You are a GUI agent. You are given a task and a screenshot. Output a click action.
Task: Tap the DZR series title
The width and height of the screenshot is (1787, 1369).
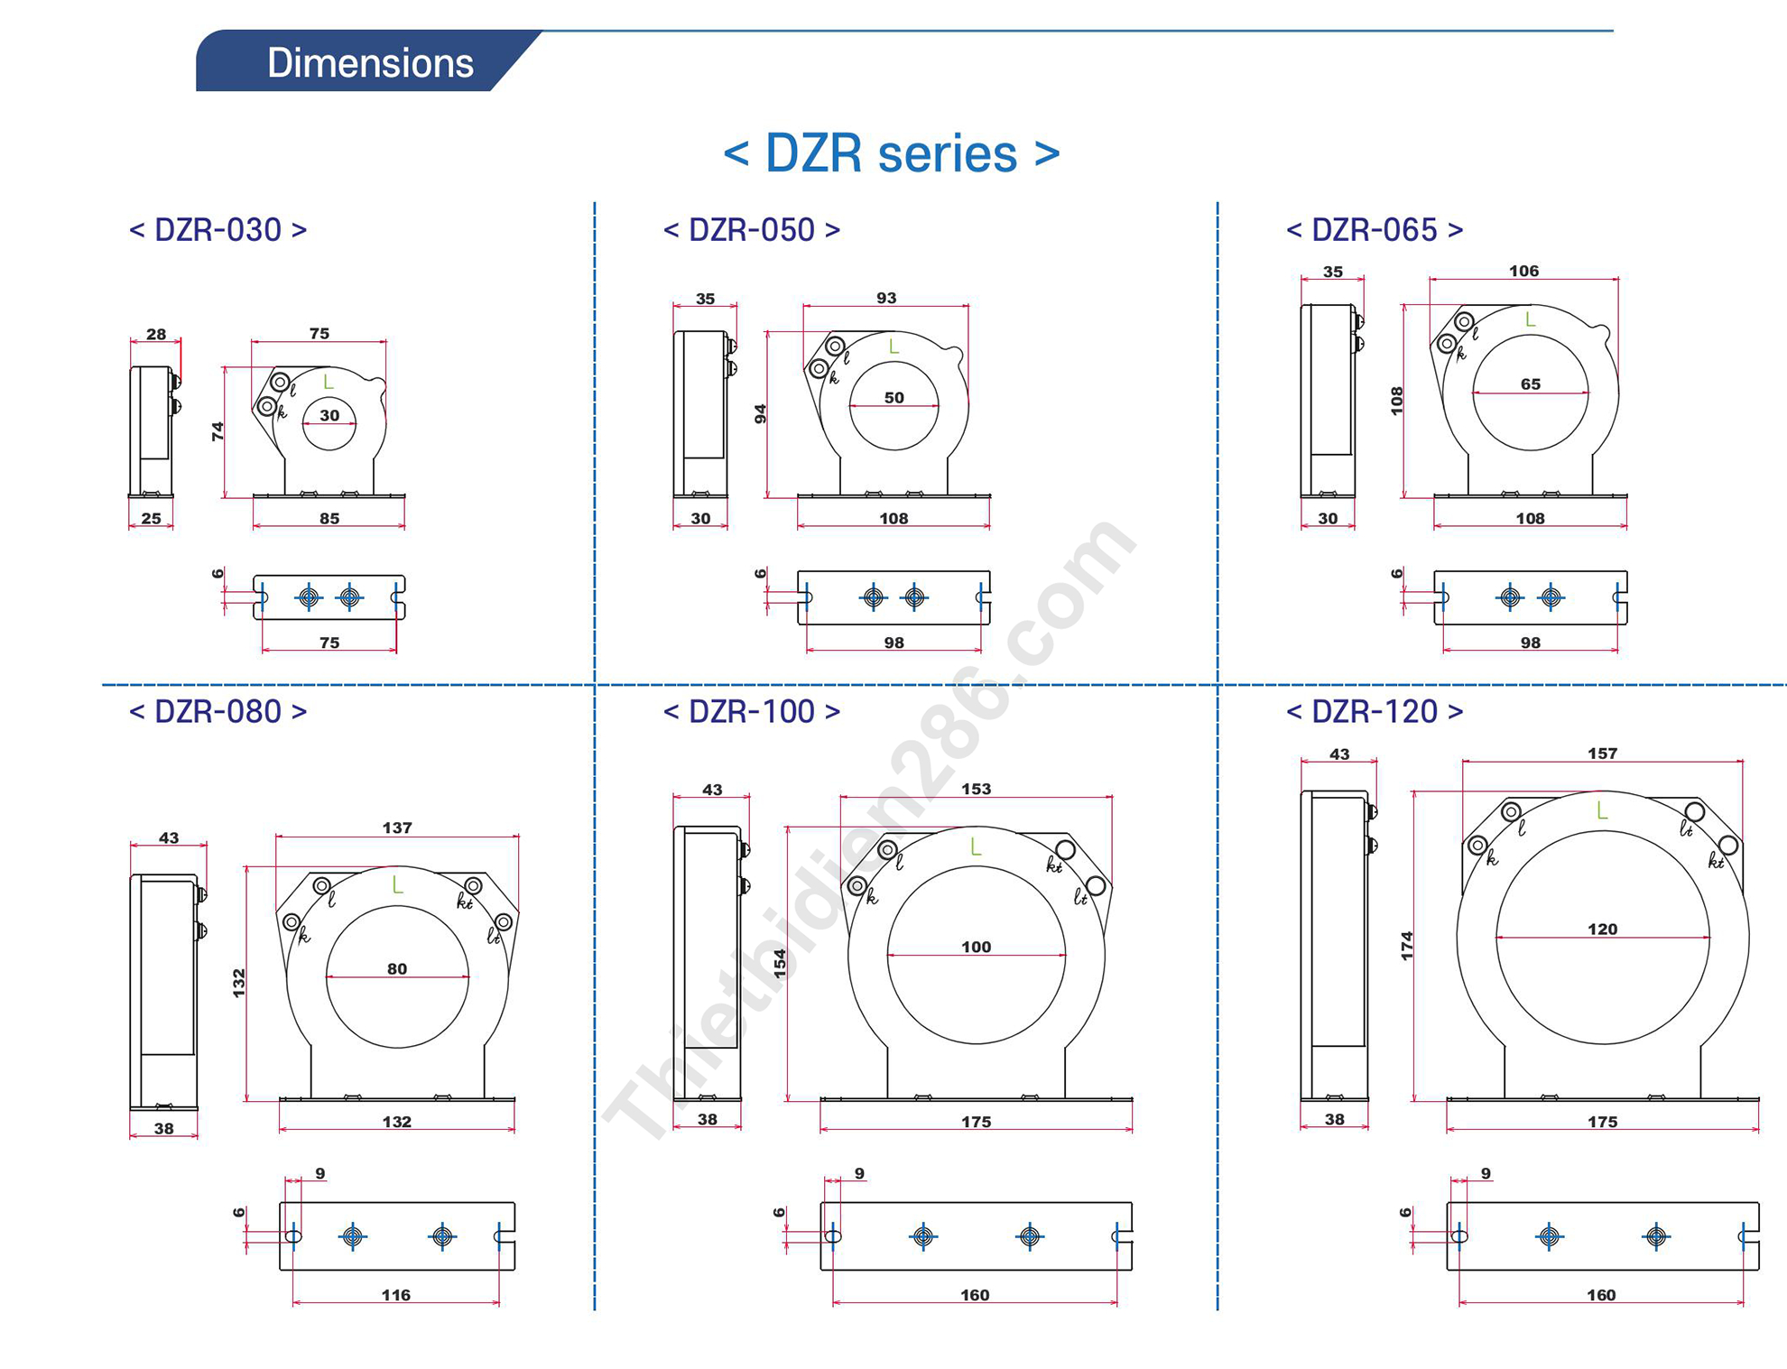coord(892,153)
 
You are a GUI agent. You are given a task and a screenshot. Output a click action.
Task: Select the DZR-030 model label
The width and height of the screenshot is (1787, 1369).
coord(218,230)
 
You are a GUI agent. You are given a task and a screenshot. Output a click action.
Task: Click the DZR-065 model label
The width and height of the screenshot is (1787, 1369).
coord(1375,230)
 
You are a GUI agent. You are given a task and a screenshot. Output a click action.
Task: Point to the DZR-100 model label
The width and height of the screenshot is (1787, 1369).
coord(752,711)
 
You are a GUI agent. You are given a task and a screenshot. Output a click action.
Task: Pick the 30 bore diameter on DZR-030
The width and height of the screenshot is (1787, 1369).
coord(329,415)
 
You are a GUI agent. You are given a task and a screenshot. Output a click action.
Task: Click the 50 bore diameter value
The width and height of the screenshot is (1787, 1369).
coord(893,397)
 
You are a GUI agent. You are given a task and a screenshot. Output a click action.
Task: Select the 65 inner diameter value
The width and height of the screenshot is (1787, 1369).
coord(1531,384)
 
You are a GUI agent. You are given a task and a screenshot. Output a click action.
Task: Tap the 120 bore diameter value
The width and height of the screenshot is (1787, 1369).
coord(1603,929)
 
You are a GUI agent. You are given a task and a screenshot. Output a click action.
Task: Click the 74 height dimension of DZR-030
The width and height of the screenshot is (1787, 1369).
coord(218,432)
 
